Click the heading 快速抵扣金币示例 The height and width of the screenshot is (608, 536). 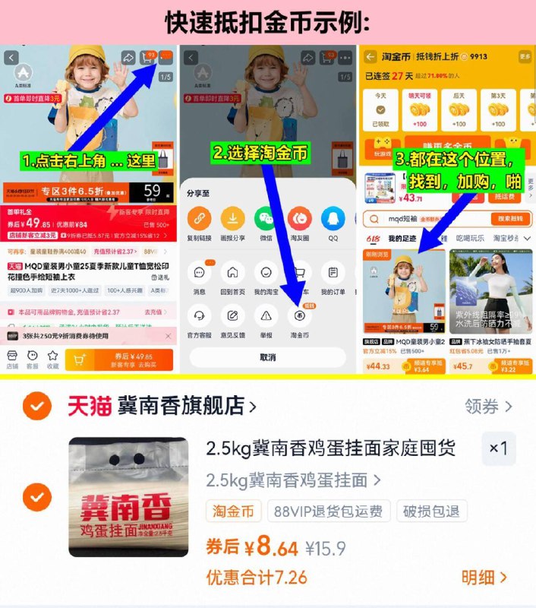pyautogui.click(x=268, y=22)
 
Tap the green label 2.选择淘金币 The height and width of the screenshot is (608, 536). pyautogui.click(x=260, y=153)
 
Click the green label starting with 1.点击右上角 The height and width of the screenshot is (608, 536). pyautogui.click(x=89, y=161)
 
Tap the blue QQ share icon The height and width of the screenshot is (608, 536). pyautogui.click(x=333, y=219)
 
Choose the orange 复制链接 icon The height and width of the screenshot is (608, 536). pyautogui.click(x=200, y=219)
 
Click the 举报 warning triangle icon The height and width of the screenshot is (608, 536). pyautogui.click(x=266, y=315)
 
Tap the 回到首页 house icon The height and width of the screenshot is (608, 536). pyautogui.click(x=232, y=272)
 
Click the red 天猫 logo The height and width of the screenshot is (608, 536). pyautogui.click(x=90, y=406)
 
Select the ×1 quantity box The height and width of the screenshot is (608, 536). pyautogui.click(x=498, y=448)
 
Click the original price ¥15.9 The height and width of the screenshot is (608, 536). pyautogui.click(x=326, y=547)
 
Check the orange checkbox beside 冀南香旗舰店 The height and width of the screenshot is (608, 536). pyautogui.click(x=36, y=407)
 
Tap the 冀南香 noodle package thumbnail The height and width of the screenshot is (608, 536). pyautogui.click(x=128, y=497)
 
